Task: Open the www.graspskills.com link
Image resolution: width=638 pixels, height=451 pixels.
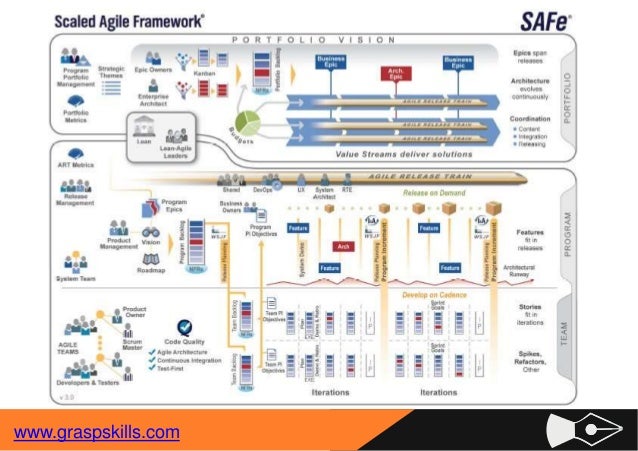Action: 96,432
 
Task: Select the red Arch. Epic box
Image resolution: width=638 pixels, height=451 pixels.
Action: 397,73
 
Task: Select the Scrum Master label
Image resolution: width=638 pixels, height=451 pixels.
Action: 134,341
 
